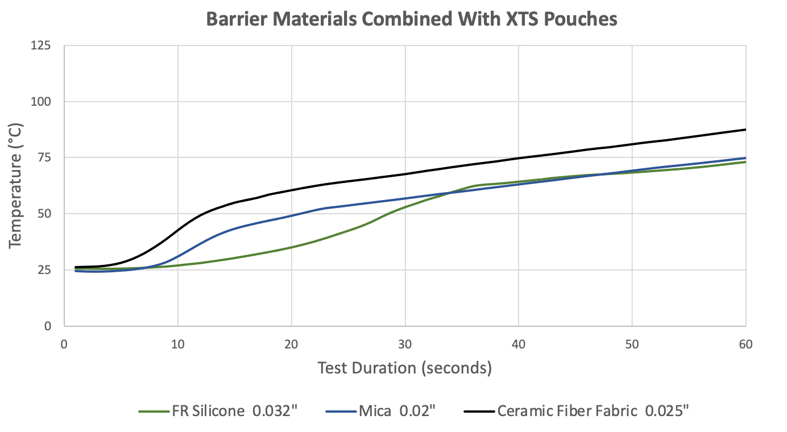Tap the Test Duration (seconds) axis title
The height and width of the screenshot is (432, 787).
tap(404, 368)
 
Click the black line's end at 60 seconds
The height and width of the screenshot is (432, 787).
tap(745, 130)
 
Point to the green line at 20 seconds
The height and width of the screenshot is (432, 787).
tap(292, 247)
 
